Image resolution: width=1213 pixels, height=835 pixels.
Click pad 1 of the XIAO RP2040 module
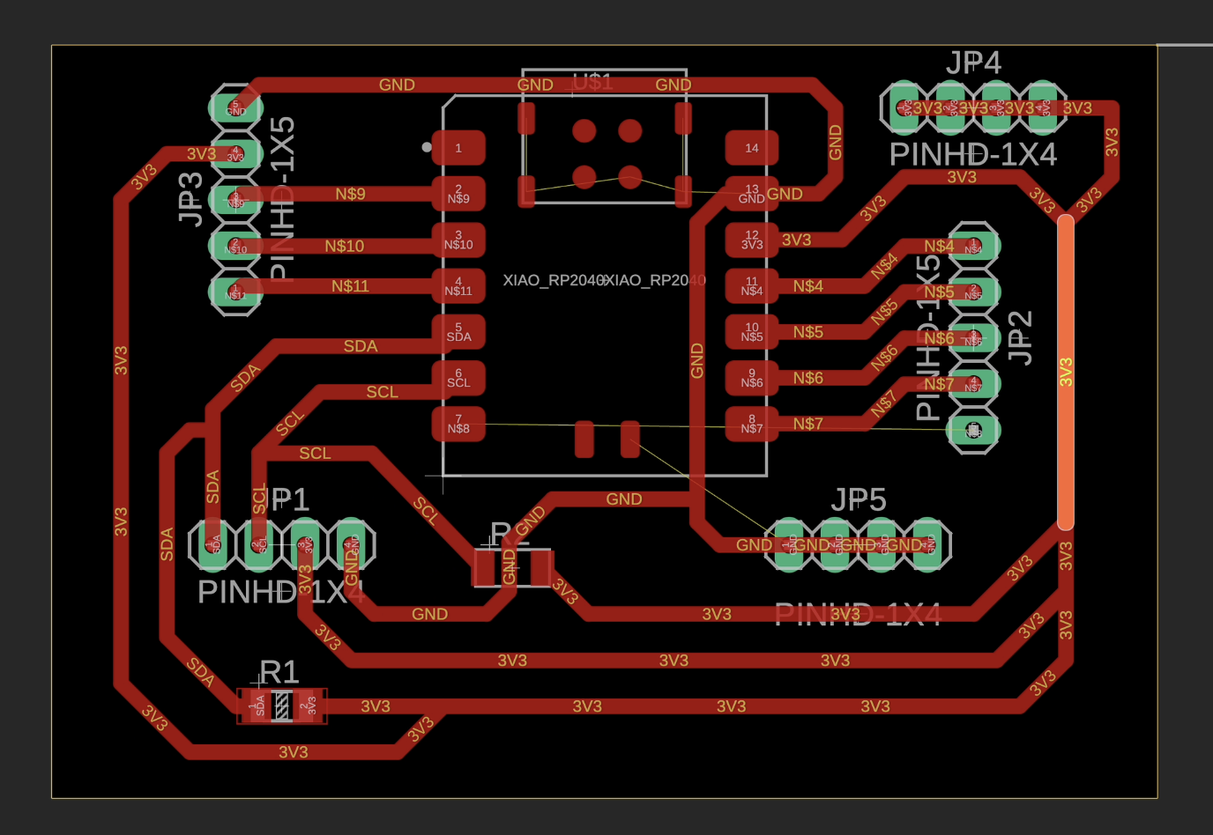point(458,148)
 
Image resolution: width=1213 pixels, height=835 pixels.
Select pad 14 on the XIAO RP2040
point(751,148)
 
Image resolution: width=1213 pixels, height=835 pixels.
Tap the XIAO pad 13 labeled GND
point(751,194)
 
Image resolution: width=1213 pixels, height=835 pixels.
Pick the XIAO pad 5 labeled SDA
point(458,331)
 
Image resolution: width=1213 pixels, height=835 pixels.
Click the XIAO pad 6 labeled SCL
point(458,377)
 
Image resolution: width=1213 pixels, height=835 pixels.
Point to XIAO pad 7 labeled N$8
point(458,424)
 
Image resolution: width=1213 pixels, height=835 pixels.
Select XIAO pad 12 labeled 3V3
point(751,240)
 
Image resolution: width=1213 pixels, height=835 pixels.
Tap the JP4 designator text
point(973,63)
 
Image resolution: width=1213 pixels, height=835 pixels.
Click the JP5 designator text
point(858,500)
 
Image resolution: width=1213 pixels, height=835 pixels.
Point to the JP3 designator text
point(190,198)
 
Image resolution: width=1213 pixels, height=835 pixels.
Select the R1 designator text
point(279,672)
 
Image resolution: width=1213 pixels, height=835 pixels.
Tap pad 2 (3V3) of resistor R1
point(308,706)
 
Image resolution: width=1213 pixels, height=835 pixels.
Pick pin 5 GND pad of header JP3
point(235,107)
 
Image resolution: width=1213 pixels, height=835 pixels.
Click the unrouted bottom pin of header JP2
point(973,431)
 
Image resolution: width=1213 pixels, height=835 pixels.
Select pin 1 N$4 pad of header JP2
point(973,245)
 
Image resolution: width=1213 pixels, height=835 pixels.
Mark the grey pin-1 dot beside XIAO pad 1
point(427,147)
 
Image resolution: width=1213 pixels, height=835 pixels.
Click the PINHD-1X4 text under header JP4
point(972,155)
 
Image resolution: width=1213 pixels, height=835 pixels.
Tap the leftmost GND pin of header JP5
point(789,544)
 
